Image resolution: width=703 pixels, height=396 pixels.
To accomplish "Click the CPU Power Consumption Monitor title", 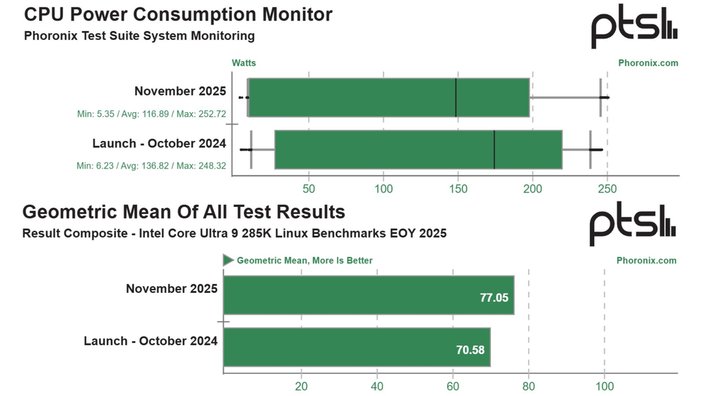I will (178, 14).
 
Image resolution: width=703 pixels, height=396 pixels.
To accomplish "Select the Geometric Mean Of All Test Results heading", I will (184, 211).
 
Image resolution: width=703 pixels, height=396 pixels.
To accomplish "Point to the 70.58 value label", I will (471, 350).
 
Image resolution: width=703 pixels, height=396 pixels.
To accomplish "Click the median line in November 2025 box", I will (456, 98).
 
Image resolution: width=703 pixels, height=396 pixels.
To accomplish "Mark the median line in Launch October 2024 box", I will (494, 149).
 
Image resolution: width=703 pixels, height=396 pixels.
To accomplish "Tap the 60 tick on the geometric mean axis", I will (452, 386).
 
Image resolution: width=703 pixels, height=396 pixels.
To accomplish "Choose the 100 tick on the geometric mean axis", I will (604, 386).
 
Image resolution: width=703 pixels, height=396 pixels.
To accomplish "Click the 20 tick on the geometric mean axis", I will (301, 386).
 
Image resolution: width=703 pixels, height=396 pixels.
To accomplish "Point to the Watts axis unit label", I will (244, 63).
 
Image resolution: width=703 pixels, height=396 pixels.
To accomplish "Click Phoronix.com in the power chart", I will (648, 63).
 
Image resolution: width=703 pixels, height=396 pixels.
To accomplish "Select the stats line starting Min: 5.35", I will (152, 113).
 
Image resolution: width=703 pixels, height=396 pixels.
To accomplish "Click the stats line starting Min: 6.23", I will (152, 166).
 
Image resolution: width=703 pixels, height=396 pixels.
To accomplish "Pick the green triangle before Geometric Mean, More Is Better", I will (229, 261).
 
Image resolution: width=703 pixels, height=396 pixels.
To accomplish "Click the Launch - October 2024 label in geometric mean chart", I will (151, 341).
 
